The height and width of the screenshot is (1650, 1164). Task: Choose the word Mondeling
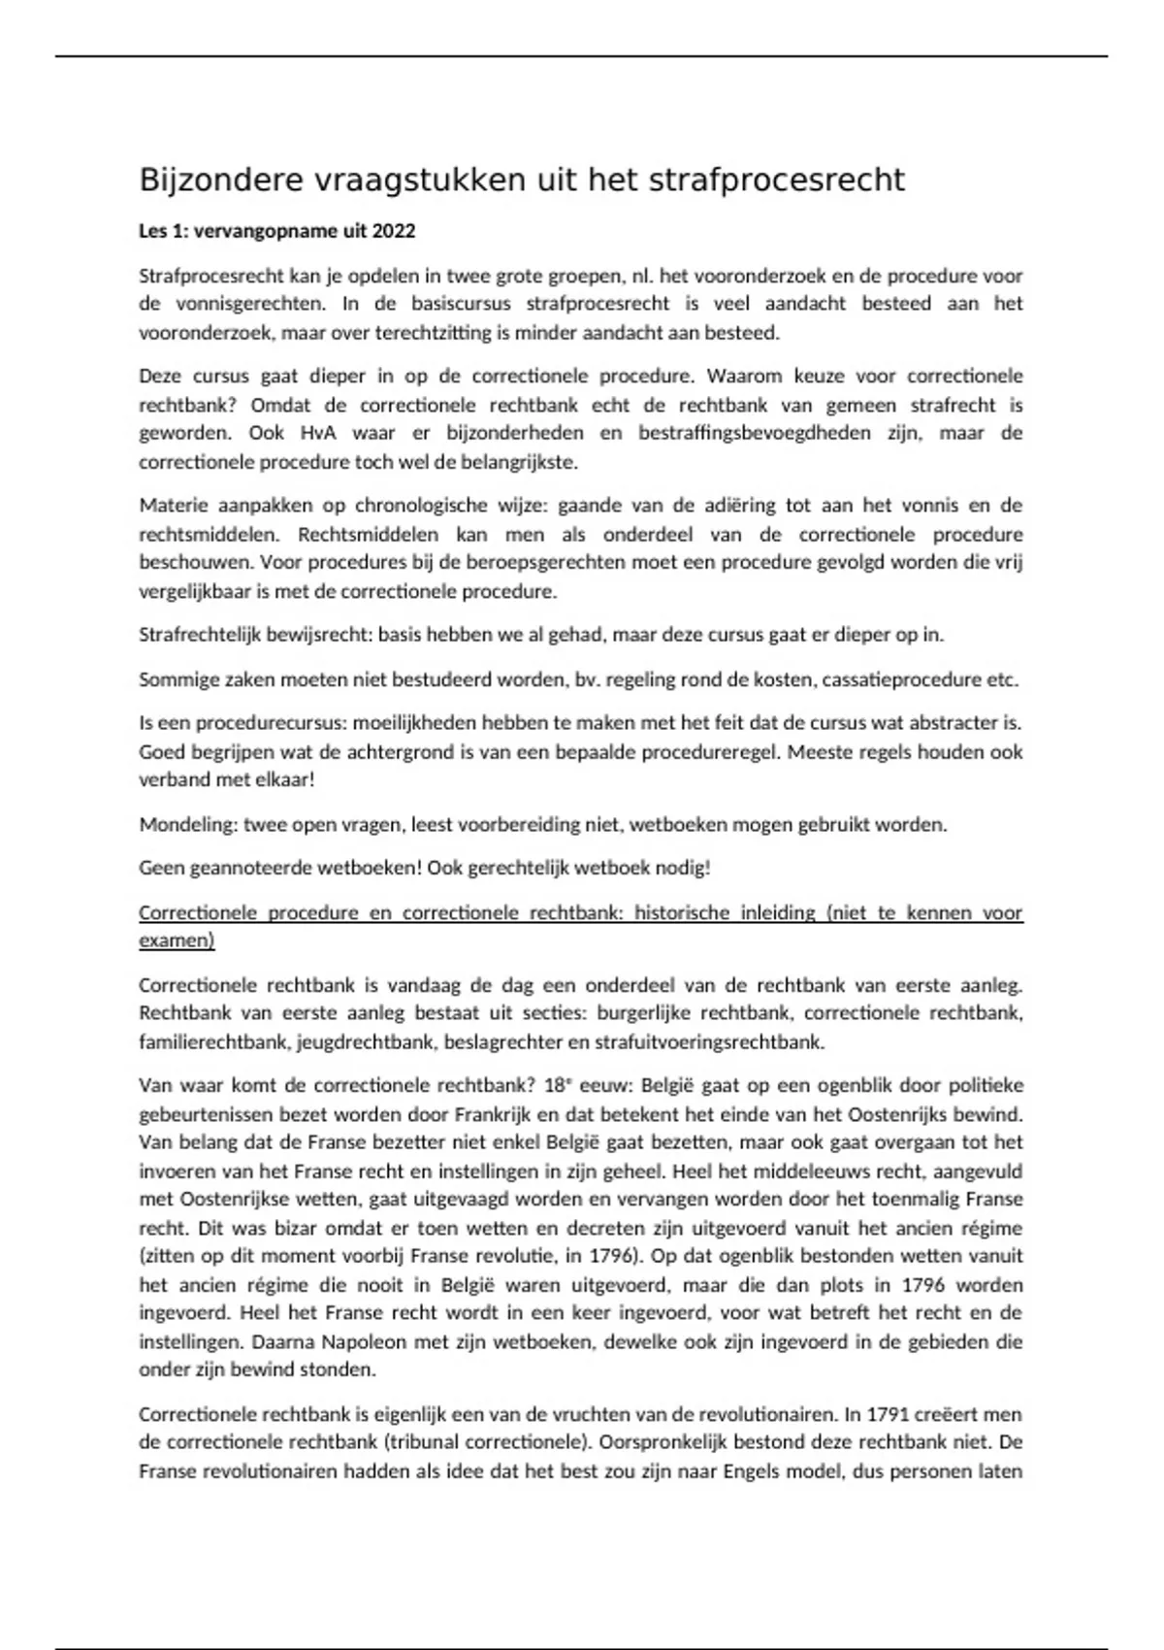[186, 825]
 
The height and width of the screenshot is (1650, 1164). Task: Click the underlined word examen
[176, 940]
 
